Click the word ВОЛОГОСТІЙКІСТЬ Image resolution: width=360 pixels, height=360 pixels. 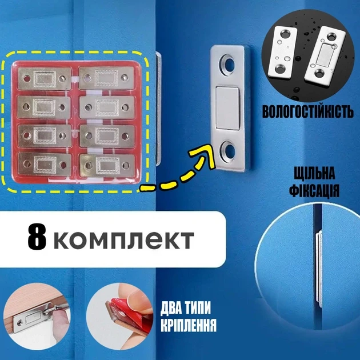pos(308,111)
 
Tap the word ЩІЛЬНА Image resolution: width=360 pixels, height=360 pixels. pos(314,173)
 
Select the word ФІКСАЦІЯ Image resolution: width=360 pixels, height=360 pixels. pos(314,191)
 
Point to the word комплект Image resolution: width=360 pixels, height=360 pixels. pos(124,241)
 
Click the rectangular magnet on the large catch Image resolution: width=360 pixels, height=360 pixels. pos(227,107)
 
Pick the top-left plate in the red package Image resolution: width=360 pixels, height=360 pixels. pos(45,78)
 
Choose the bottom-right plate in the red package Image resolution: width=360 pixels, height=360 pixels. pos(107,166)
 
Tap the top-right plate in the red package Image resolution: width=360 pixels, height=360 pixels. pos(106,78)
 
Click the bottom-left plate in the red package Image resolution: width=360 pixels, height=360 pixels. pos(45,164)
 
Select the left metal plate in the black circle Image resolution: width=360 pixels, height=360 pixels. pos(282,53)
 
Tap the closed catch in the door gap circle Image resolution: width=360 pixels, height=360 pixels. pos(319,269)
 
